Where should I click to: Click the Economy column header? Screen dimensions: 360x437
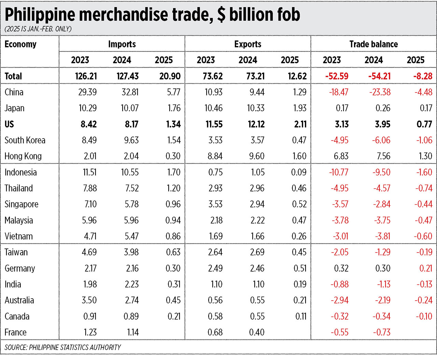[20, 44]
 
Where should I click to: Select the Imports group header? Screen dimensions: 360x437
[122, 44]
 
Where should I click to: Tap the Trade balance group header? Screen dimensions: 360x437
[373, 44]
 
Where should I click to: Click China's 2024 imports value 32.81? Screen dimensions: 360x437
[128, 92]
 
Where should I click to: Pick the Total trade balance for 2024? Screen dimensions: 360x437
[379, 76]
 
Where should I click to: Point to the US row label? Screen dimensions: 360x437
[9, 124]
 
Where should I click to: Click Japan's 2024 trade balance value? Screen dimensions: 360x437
[382, 108]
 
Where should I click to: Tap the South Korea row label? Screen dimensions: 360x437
[25, 140]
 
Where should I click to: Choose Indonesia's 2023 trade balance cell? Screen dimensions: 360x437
[339, 172]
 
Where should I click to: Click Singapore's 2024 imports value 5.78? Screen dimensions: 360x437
[130, 204]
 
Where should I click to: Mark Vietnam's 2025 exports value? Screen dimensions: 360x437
[299, 236]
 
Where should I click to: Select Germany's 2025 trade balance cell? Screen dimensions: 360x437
[425, 268]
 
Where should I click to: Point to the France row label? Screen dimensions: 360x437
[15, 332]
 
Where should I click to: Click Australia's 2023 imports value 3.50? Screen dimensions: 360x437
[89, 300]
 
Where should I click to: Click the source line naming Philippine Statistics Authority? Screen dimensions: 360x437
[62, 347]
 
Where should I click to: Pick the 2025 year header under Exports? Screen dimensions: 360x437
[290, 60]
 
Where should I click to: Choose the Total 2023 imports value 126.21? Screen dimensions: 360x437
[86, 76]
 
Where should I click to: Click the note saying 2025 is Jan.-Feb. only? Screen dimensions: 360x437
[38, 29]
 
